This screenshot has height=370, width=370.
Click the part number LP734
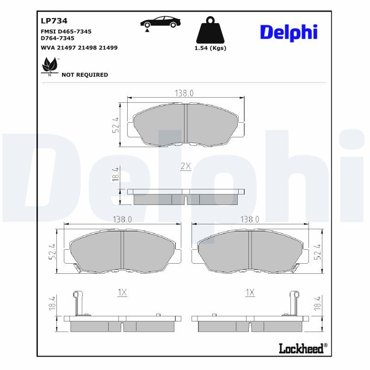[x=55, y=21]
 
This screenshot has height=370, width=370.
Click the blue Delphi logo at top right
[x=289, y=32]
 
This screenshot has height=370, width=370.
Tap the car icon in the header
[x=160, y=22]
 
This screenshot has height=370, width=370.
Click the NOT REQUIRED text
[x=85, y=75]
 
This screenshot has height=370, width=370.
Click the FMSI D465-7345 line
[x=66, y=31]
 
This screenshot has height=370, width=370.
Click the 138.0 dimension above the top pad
[x=184, y=93]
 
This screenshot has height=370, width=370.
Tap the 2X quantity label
[x=185, y=166]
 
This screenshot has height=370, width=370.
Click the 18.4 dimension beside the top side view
[x=116, y=175]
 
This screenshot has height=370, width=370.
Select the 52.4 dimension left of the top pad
[x=116, y=125]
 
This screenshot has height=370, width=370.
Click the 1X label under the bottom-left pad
[x=122, y=292]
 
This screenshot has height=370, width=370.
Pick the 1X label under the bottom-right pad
[x=250, y=292]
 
